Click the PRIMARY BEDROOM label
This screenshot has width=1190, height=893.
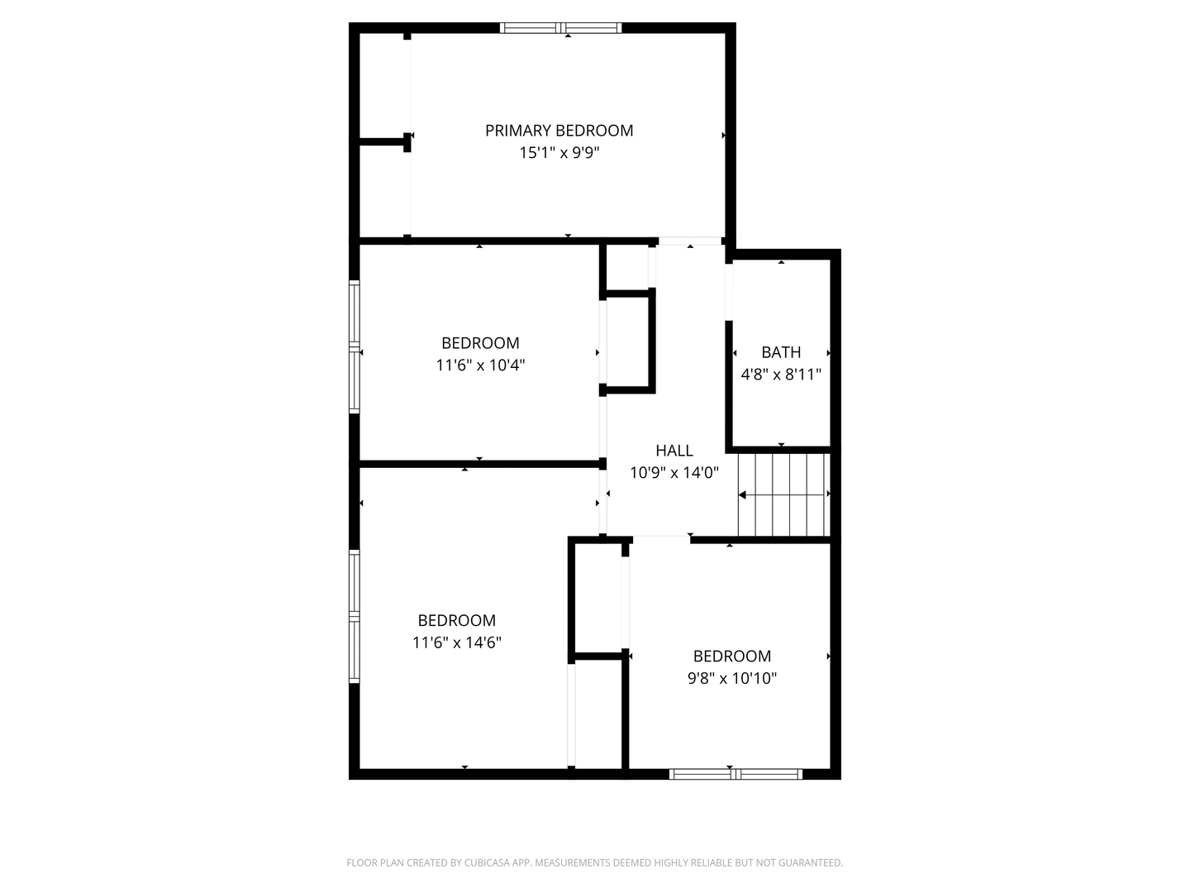pos(559,131)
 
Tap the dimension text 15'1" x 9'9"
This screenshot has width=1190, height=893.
pos(559,153)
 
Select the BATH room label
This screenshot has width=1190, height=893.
pos(781,352)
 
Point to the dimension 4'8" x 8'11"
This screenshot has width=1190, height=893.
pos(781,375)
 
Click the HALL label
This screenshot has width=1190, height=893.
pos(674,451)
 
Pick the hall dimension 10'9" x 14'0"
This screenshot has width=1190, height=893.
pos(674,473)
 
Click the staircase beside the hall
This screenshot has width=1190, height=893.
pos(783,494)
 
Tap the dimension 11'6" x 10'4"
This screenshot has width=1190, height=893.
pos(480,365)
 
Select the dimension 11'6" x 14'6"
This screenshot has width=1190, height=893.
pos(457,642)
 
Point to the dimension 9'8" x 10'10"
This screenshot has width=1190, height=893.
pos(732,679)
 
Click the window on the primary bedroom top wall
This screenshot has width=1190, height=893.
pos(561,28)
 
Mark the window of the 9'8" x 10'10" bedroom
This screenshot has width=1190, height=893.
pos(735,775)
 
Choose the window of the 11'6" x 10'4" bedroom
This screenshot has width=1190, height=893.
pos(355,346)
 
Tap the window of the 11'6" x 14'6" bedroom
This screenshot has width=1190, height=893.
pos(355,617)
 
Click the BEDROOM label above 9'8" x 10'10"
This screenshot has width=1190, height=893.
pos(732,657)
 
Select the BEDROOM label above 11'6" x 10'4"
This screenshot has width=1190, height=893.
pos(480,343)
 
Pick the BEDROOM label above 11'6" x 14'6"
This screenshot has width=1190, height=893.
pos(457,620)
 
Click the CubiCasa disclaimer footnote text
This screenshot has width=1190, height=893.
pos(594,863)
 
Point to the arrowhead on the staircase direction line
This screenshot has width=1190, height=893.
pos(742,495)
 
